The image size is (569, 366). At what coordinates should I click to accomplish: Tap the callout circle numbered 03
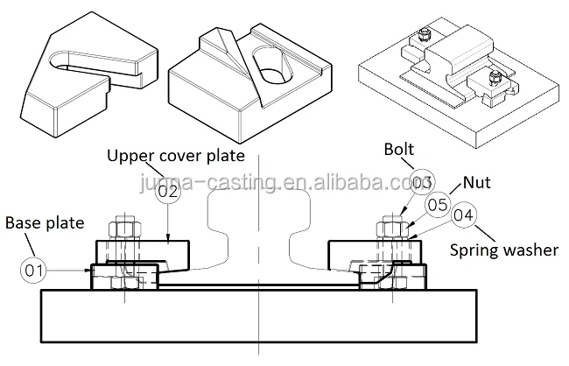422,183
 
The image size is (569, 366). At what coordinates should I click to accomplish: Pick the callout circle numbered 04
463,215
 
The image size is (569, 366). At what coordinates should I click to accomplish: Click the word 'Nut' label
478,185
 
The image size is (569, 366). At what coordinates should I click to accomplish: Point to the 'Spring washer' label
504,250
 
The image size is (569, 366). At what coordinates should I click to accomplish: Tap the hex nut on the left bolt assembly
124,230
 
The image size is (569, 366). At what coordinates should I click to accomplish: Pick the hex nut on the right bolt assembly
390,230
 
